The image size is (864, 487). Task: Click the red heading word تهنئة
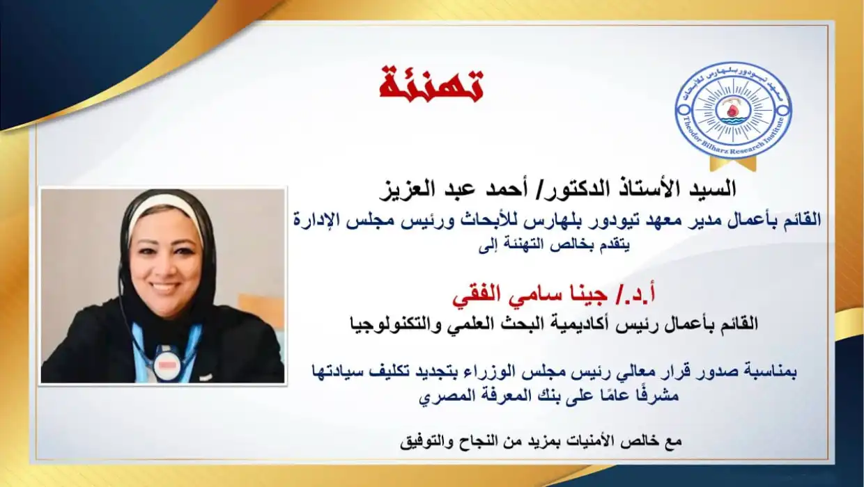[x=431, y=85]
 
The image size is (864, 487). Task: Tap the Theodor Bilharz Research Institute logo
[x=733, y=111]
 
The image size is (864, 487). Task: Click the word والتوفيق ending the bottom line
[x=421, y=441]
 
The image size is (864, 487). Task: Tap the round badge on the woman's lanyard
[x=167, y=362]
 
